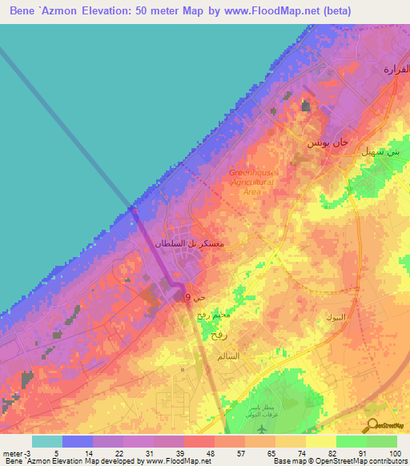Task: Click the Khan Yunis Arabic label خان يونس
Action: [328, 142]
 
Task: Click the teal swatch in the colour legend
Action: [47, 441]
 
